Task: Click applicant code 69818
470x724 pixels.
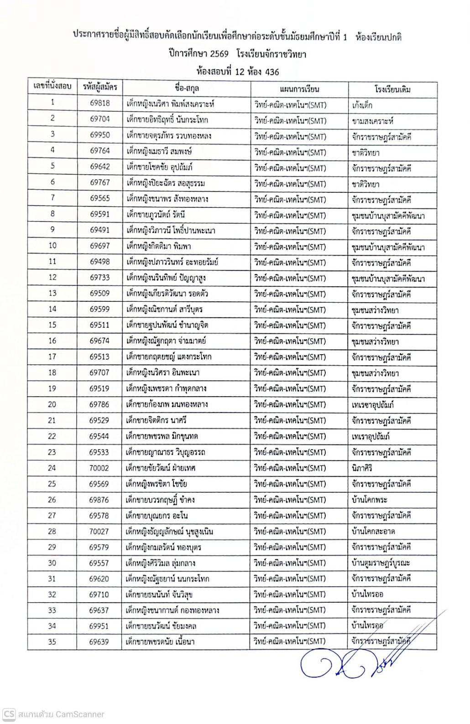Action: click(99, 103)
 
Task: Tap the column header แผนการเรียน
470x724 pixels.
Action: click(299, 89)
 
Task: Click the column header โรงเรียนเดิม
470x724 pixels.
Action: click(392, 89)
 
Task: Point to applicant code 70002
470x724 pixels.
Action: click(99, 468)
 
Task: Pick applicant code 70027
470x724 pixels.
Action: click(99, 531)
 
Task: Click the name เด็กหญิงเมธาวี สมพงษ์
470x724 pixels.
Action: click(159, 151)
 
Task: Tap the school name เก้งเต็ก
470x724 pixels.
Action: click(362, 105)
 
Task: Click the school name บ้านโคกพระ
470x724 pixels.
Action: click(370, 500)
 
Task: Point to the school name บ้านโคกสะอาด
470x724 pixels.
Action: click(373, 532)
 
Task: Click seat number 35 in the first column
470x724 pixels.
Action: click(52, 641)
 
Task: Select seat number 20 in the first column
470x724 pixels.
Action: click(52, 404)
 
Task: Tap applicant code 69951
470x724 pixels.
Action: click(99, 626)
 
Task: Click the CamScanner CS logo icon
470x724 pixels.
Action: click(9, 714)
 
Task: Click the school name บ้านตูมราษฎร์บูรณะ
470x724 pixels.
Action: click(381, 563)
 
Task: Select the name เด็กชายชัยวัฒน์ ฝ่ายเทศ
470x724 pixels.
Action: click(161, 468)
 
